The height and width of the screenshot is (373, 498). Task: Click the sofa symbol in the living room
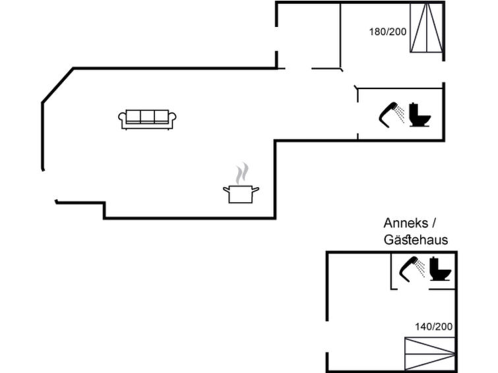pyautogui.click(x=147, y=120)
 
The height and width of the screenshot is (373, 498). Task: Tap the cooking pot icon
pyautogui.click(x=241, y=194)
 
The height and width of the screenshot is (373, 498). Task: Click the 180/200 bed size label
pyautogui.click(x=388, y=32)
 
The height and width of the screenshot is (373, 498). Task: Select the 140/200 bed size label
pyautogui.click(x=434, y=327)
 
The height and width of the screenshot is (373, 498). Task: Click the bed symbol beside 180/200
pyautogui.click(x=427, y=28)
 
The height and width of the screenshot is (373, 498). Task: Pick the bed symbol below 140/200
pyautogui.click(x=429, y=354)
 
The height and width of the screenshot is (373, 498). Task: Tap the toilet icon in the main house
pyautogui.click(x=420, y=115)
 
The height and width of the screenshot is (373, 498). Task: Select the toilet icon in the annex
pyautogui.click(x=440, y=269)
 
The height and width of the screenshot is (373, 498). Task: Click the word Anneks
pyautogui.click(x=406, y=223)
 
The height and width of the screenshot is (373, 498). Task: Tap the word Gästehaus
pyautogui.click(x=416, y=240)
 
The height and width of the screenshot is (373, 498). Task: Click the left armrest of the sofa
pyautogui.click(x=122, y=119)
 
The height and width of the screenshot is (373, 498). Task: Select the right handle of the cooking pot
pyautogui.click(x=256, y=190)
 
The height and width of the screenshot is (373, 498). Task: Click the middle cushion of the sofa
pyautogui.click(x=147, y=116)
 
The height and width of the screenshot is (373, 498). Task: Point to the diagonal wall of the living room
pyautogui.click(x=57, y=85)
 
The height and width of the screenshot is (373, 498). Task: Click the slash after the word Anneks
pyautogui.click(x=434, y=223)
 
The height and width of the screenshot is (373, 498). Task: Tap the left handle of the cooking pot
pyautogui.click(x=226, y=190)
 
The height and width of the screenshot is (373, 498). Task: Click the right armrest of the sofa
pyautogui.click(x=173, y=119)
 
